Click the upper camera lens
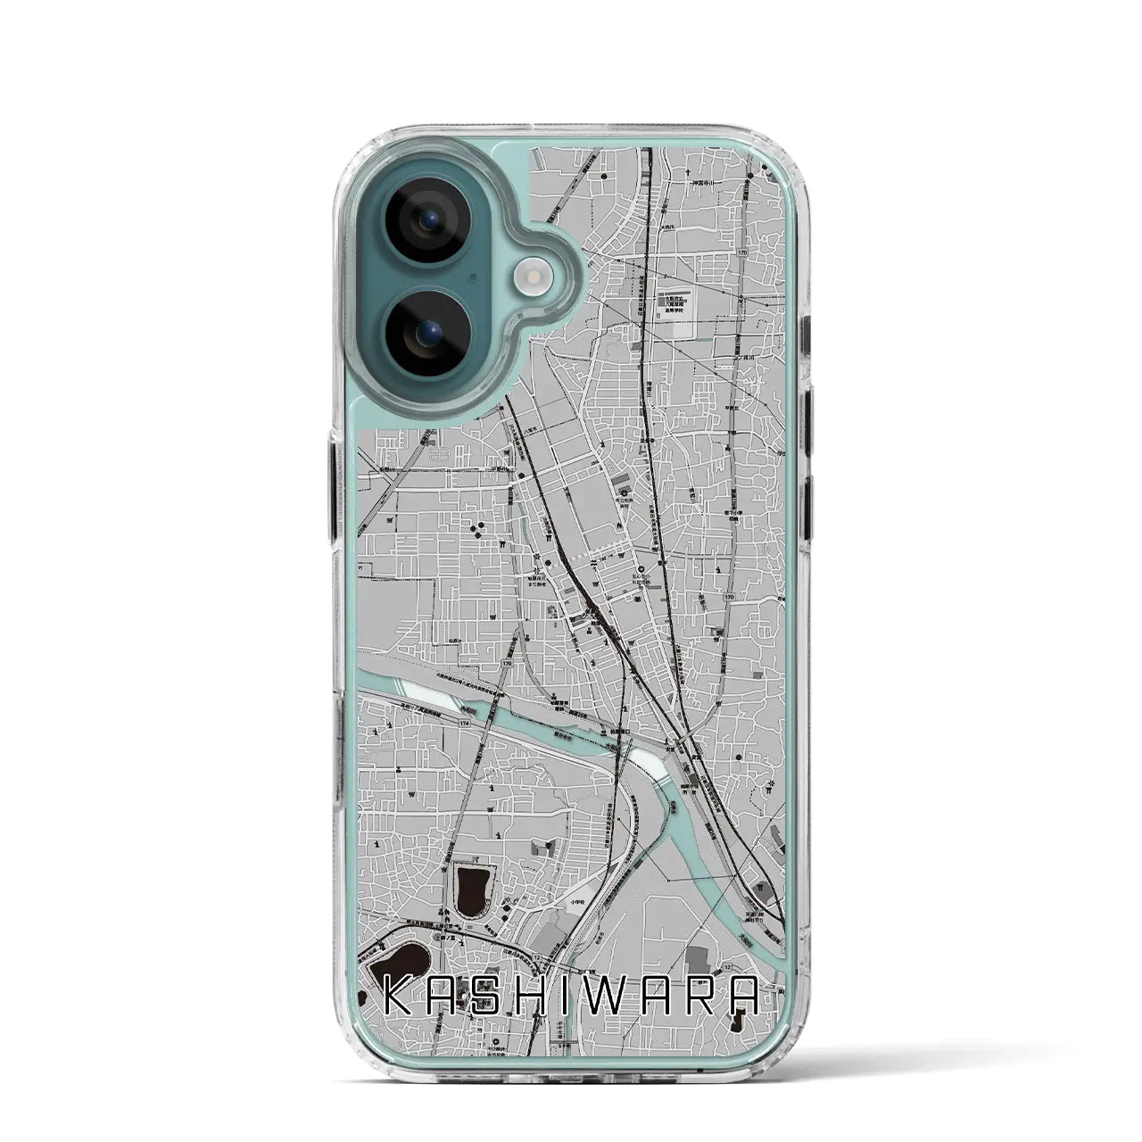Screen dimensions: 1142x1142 (x=420, y=222)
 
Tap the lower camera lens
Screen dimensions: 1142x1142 (x=420, y=335)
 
